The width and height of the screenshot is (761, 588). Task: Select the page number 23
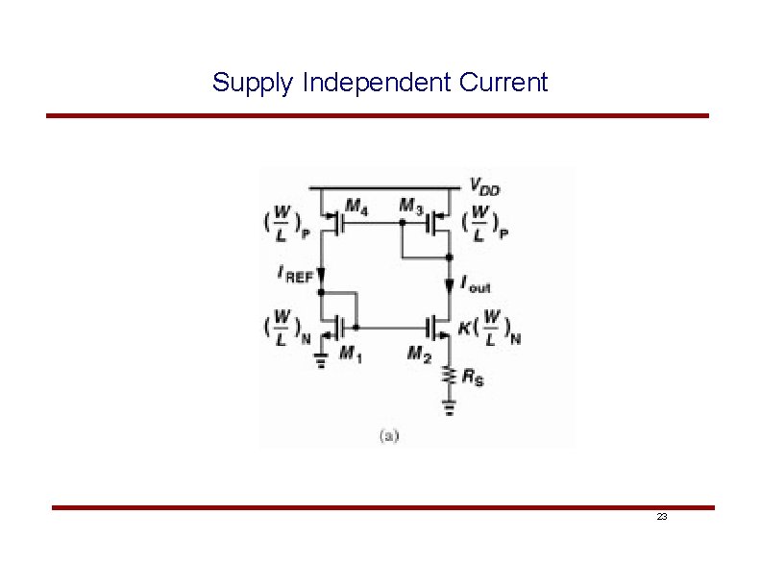tap(662, 517)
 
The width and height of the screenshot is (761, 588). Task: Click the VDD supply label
tap(485, 186)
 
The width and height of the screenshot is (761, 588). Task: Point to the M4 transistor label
tap(356, 205)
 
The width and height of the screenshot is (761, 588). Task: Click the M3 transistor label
tap(411, 205)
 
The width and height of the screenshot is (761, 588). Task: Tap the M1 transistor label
tap(352, 355)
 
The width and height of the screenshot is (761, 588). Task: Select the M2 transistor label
tap(419, 355)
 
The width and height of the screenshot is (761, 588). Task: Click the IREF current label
tap(295, 274)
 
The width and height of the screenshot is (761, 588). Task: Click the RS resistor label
tap(473, 378)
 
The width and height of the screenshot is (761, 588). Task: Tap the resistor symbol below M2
tap(447, 376)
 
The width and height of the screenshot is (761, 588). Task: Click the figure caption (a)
tap(389, 435)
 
